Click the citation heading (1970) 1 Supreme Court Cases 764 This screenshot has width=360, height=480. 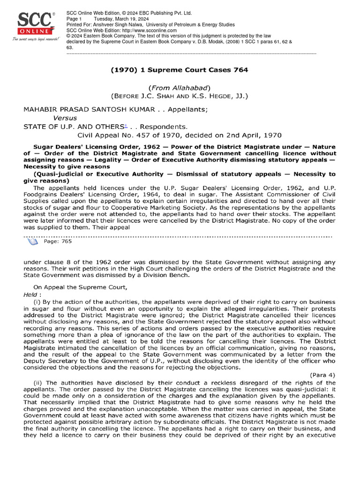180,70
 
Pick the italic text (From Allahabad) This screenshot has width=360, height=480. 180,88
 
